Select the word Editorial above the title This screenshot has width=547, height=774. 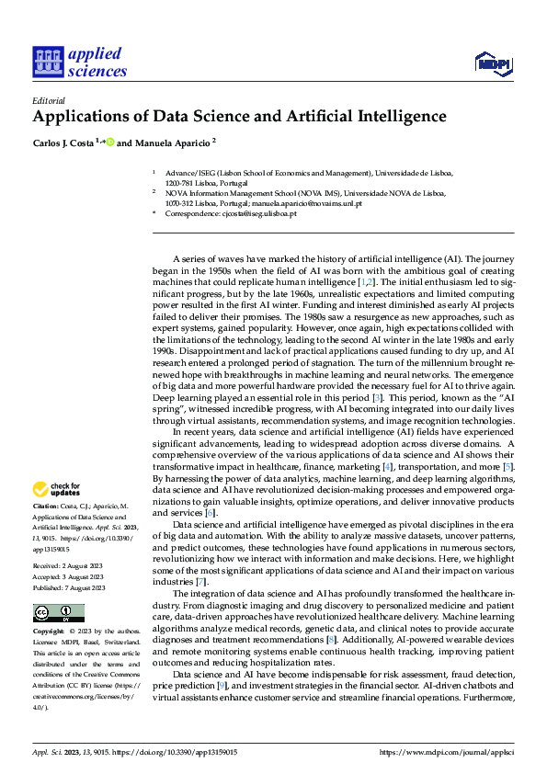[48, 100]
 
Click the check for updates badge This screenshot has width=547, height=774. [55, 490]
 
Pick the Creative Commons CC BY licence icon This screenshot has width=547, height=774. [58, 612]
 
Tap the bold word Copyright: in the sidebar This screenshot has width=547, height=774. [49, 632]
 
